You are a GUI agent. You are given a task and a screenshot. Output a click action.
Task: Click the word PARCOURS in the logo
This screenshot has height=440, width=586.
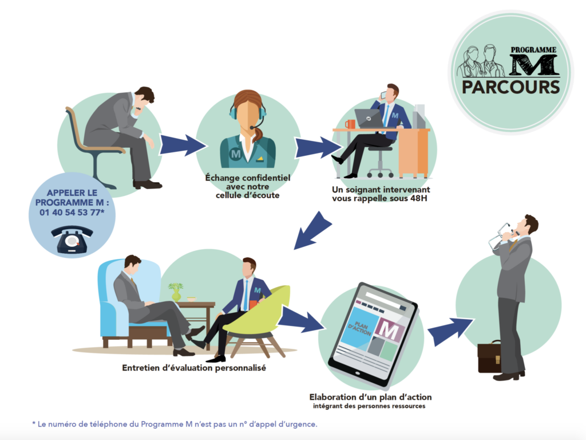[x=510, y=87]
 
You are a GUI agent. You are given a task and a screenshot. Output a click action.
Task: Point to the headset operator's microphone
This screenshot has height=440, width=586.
[x=254, y=127]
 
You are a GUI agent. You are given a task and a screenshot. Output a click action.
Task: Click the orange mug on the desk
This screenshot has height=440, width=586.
[x=350, y=124]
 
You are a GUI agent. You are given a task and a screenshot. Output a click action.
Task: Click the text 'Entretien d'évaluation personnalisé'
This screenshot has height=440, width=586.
[x=194, y=368]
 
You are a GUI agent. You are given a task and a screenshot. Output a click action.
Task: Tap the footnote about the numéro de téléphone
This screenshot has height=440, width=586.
[x=174, y=424]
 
